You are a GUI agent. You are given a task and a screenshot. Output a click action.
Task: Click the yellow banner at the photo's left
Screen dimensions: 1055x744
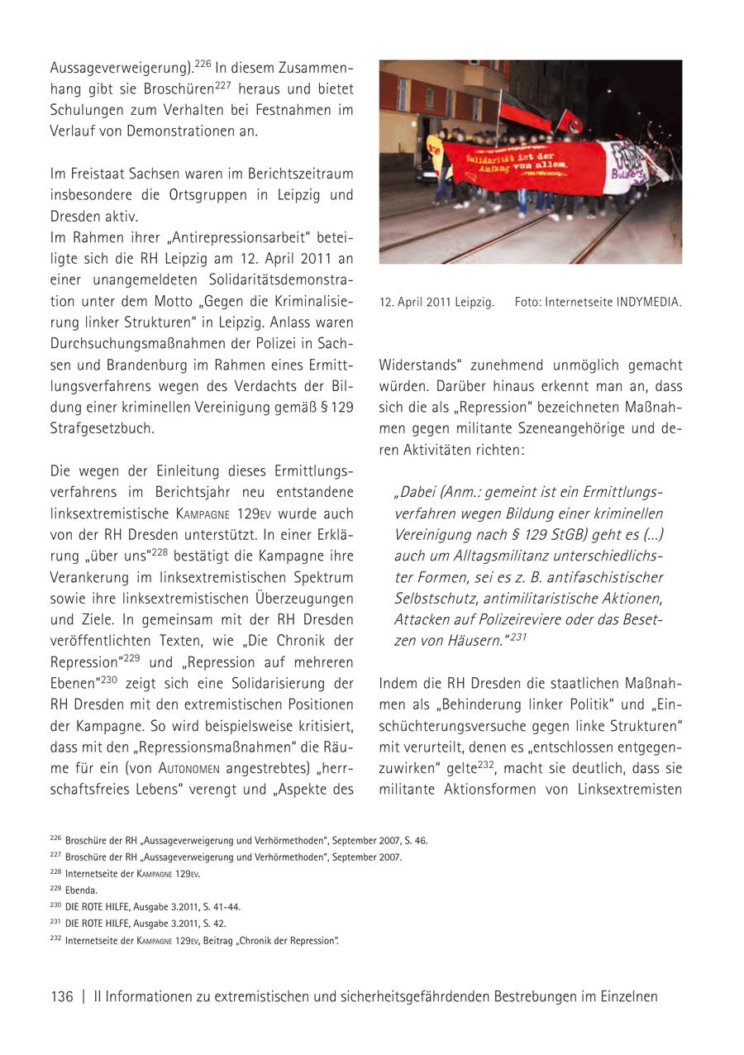(x=433, y=150)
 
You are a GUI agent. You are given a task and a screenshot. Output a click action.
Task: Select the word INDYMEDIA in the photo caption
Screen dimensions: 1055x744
(x=649, y=303)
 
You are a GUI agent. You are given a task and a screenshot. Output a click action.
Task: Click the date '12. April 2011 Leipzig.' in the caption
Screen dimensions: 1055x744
(x=436, y=303)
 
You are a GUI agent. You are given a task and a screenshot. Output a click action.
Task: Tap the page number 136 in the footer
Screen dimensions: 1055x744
(x=62, y=996)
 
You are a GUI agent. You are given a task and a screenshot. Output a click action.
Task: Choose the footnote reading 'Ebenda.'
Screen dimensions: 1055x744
(x=81, y=890)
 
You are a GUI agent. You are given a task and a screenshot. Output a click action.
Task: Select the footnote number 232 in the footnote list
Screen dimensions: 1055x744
(x=56, y=939)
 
